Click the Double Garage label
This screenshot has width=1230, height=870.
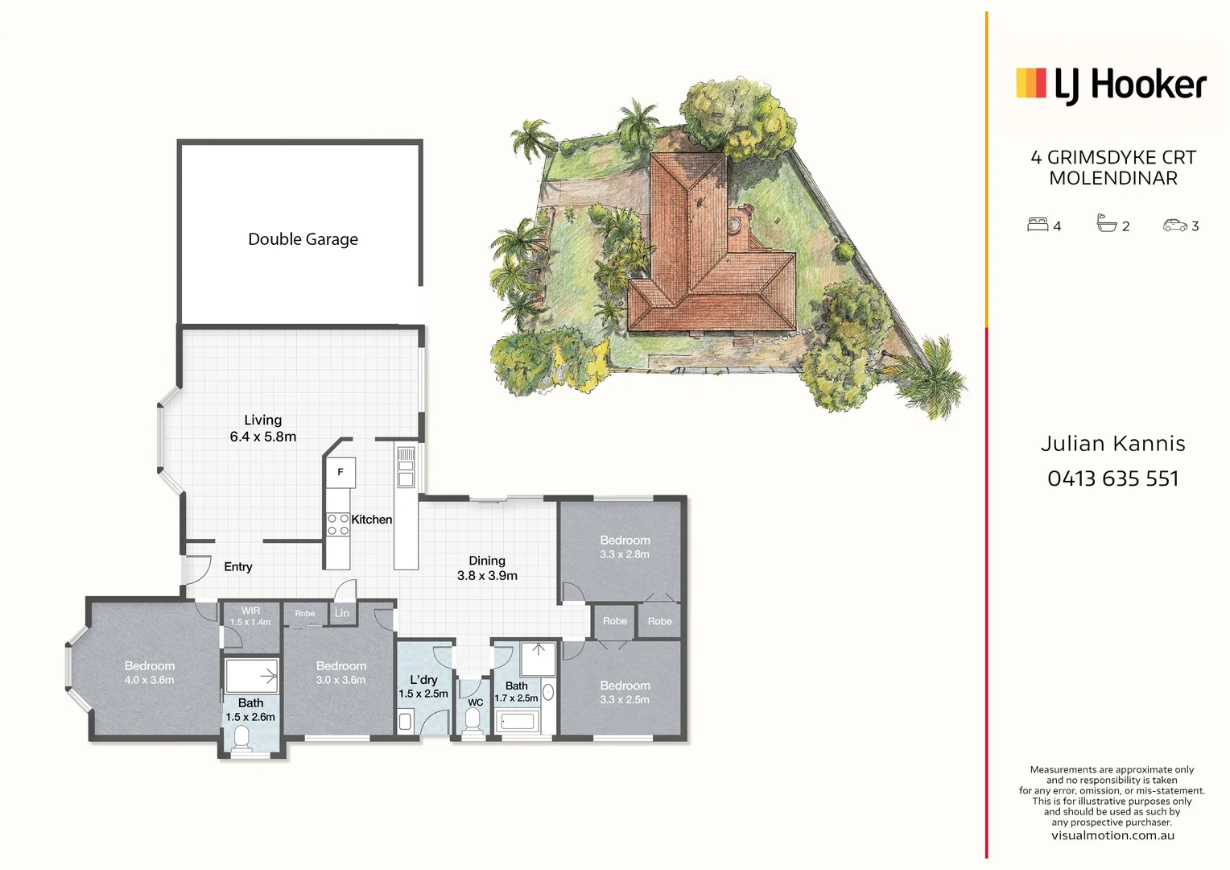[303, 239]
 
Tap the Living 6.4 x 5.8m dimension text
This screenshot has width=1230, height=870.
[263, 437]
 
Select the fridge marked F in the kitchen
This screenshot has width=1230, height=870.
[341, 472]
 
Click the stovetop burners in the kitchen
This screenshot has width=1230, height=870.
[338, 524]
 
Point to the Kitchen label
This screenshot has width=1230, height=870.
[372, 520]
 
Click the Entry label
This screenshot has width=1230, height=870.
[238, 567]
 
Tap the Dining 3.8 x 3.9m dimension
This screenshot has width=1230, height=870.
[487, 575]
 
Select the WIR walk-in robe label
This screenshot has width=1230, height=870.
[250, 611]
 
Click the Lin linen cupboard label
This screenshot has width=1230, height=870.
[342, 613]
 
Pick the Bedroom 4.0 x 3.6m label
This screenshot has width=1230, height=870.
[150, 673]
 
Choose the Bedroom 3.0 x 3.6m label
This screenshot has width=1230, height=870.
[341, 673]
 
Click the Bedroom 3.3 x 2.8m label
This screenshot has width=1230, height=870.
[625, 547]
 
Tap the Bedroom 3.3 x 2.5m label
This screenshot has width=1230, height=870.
[625, 692]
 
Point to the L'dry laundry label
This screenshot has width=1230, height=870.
[423, 680]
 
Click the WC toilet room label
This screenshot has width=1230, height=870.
[476, 702]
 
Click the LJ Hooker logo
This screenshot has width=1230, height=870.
[1112, 85]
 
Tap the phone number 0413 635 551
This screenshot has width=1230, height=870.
[1113, 478]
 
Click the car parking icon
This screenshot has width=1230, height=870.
[1175, 226]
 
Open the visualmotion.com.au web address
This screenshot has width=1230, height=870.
[1112, 835]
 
